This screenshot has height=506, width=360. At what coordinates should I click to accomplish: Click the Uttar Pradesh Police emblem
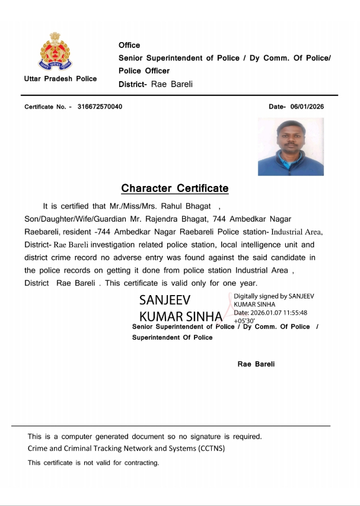tap(55, 52)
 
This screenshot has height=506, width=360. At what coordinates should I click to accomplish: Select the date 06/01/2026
tap(307, 107)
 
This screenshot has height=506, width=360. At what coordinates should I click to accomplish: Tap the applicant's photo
tap(291, 146)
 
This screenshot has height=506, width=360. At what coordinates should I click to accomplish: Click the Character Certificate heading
tap(174, 188)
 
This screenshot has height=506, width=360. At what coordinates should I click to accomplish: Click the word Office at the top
tap(129, 45)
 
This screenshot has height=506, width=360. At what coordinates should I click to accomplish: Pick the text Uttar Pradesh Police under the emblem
tap(60, 79)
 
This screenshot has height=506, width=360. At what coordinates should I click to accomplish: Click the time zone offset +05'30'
tap(244, 321)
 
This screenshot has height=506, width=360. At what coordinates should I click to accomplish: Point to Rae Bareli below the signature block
tap(256, 364)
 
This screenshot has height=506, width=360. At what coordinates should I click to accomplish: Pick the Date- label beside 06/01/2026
tap(277, 107)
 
